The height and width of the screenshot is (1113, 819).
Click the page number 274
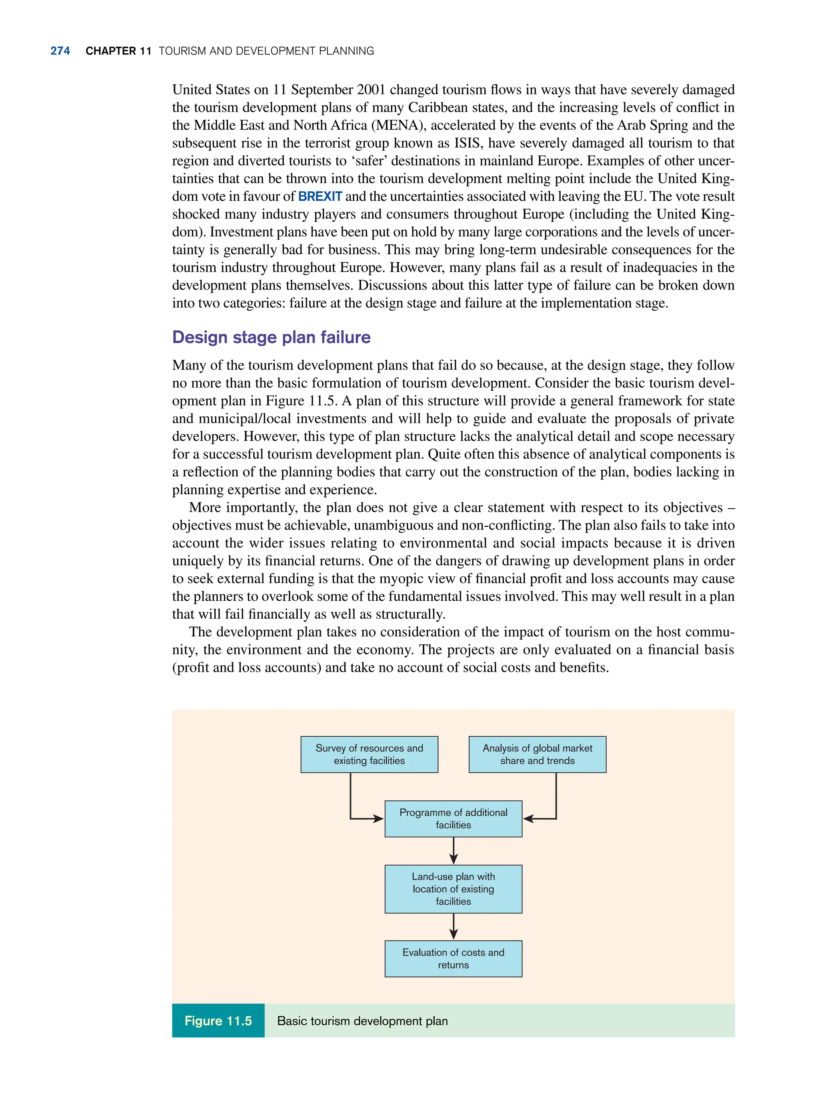(x=60, y=51)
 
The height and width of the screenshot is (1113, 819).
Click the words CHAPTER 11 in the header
(x=118, y=51)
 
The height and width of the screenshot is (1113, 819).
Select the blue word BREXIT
(x=320, y=196)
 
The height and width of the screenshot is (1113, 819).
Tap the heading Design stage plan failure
(x=271, y=337)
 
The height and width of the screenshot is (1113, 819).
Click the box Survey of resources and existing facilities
(x=370, y=754)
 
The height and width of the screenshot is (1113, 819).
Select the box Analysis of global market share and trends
(x=537, y=754)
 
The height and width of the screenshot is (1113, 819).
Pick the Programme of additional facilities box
(x=453, y=819)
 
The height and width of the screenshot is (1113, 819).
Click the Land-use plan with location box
(x=453, y=889)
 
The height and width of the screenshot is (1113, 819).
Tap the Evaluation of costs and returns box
(x=453, y=958)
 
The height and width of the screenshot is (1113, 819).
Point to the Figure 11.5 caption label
(x=218, y=1021)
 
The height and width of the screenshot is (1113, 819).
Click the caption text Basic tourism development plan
(x=362, y=1021)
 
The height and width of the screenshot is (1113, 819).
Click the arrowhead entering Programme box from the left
(x=379, y=819)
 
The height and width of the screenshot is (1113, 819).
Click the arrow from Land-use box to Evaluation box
(x=453, y=927)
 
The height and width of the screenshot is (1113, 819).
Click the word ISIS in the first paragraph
(x=467, y=143)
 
